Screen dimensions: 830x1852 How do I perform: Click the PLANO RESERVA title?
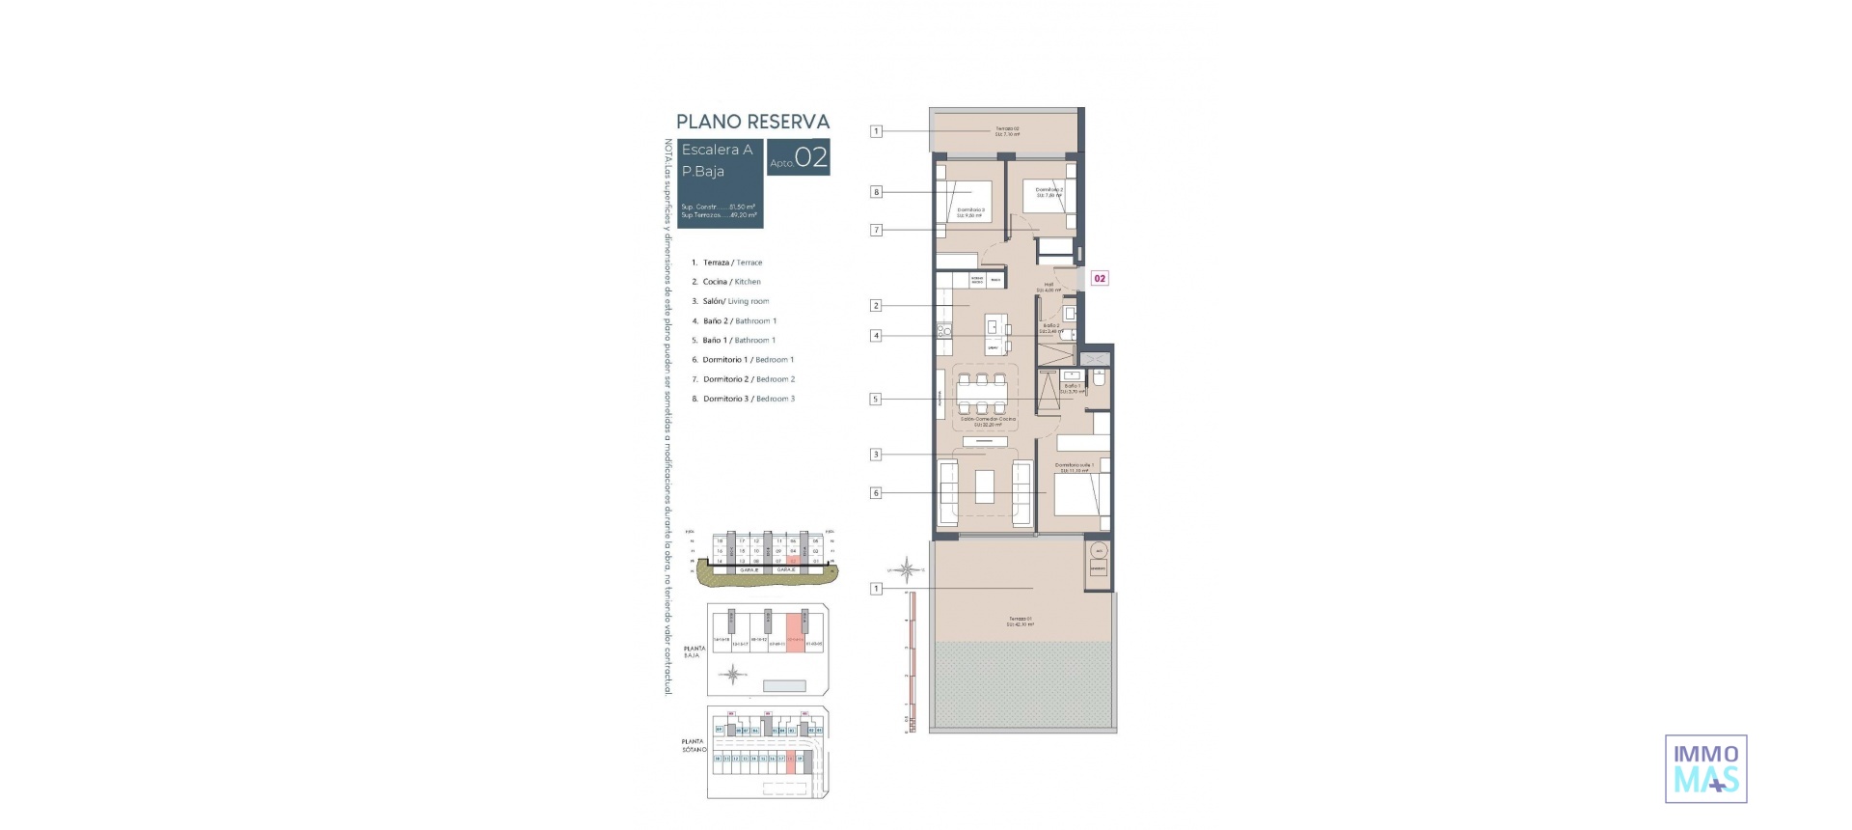point(752,122)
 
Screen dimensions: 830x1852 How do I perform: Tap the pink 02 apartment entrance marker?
point(1099,278)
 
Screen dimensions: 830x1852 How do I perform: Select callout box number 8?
point(876,192)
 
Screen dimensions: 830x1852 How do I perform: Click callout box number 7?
point(876,230)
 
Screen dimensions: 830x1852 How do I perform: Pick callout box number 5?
point(876,399)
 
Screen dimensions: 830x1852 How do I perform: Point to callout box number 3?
point(876,455)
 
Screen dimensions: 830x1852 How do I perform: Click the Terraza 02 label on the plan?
point(1007,131)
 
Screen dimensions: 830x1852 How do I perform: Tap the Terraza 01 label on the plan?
point(1021,622)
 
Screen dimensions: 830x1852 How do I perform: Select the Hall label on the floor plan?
point(1049,287)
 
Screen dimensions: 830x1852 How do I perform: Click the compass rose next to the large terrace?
point(906,569)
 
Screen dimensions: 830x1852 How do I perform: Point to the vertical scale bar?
point(910,662)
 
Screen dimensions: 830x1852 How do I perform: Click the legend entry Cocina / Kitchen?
point(731,282)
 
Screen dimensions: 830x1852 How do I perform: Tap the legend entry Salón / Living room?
point(735,301)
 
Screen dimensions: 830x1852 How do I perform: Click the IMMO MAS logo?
point(1705,768)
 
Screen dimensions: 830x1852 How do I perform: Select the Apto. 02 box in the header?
point(798,158)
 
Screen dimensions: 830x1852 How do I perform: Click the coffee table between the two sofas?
point(984,485)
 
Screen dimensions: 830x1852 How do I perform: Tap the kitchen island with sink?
point(997,334)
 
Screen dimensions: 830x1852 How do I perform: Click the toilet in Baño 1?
point(1099,378)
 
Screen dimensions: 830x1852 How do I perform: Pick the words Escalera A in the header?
point(717,150)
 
